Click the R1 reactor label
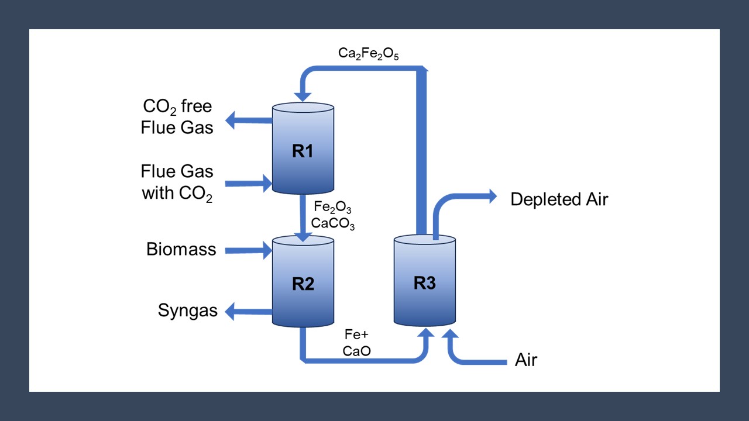pyautogui.click(x=303, y=151)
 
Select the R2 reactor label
pyautogui.click(x=303, y=284)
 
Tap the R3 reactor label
pyautogui.click(x=424, y=283)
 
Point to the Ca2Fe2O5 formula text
pyautogui.click(x=369, y=53)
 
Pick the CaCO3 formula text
pyautogui.click(x=332, y=223)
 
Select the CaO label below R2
pyautogui.click(x=357, y=351)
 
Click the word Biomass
pyautogui.click(x=181, y=250)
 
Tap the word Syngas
pyautogui.click(x=187, y=310)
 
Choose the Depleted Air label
pyautogui.click(x=559, y=199)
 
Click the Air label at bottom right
pyautogui.click(x=525, y=360)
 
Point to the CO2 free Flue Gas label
pyautogui.click(x=177, y=117)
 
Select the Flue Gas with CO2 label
pyautogui.click(x=177, y=182)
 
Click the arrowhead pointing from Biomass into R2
pyautogui.click(x=268, y=251)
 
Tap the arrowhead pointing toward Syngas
pyautogui.click(x=231, y=311)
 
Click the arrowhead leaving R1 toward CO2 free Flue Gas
pyautogui.click(x=231, y=121)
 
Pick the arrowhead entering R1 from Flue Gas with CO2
pyautogui.click(x=268, y=184)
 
